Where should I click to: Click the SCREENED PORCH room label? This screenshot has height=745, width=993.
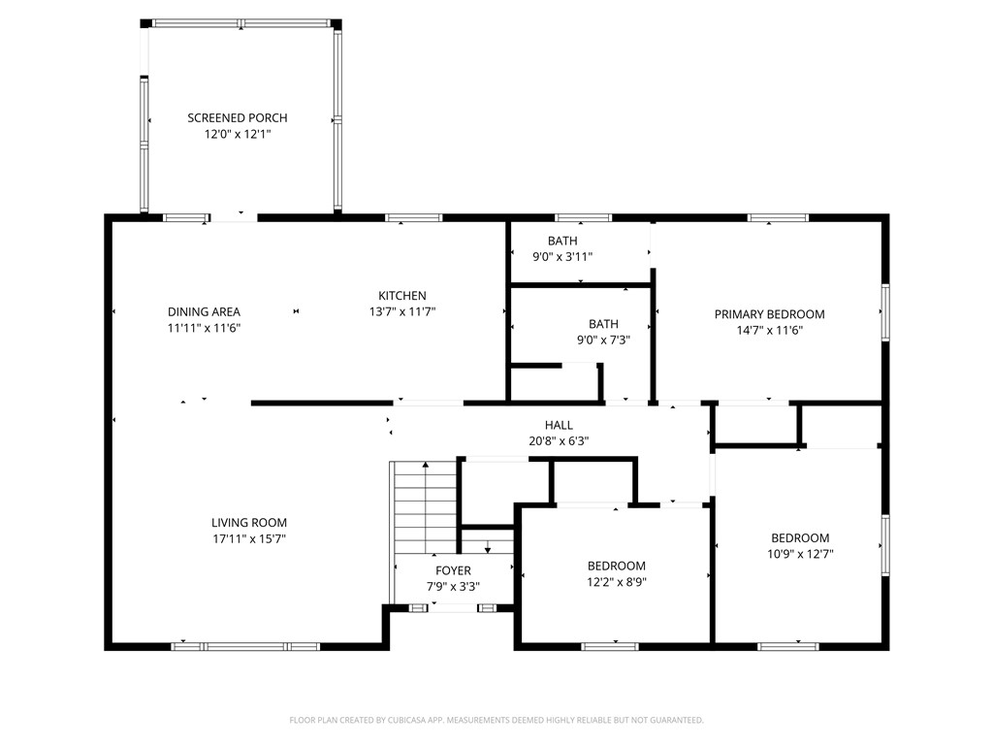coord(238,117)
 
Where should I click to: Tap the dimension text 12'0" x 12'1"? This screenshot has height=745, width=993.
coord(238,134)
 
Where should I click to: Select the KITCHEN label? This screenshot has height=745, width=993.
coord(402,296)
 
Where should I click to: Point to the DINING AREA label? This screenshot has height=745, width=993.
coord(204,311)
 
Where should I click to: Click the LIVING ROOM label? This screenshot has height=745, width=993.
coord(249,523)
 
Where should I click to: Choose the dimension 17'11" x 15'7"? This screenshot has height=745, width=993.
coord(249,539)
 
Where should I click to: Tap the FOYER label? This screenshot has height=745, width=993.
coord(453,570)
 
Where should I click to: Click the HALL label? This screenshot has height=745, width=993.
coord(559,425)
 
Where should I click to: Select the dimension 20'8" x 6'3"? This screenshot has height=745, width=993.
coord(559,441)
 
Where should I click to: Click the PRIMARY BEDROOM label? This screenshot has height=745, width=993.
coord(769,314)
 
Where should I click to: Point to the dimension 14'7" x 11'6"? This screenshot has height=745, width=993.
coord(769,330)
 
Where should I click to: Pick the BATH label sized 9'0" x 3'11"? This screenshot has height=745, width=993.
coord(562,241)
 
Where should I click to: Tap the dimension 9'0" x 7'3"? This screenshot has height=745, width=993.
coord(603,340)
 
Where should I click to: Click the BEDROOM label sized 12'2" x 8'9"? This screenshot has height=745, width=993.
coord(616,566)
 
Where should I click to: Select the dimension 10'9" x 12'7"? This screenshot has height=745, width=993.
coord(800,554)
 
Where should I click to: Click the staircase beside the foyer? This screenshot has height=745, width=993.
coord(426,506)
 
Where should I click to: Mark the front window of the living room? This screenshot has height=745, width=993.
coord(245,647)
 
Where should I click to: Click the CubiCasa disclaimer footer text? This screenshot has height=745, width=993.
coord(496,721)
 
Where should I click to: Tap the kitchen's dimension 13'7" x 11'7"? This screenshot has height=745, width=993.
coord(402,311)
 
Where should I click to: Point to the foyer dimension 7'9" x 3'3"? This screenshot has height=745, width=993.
coord(453,587)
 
